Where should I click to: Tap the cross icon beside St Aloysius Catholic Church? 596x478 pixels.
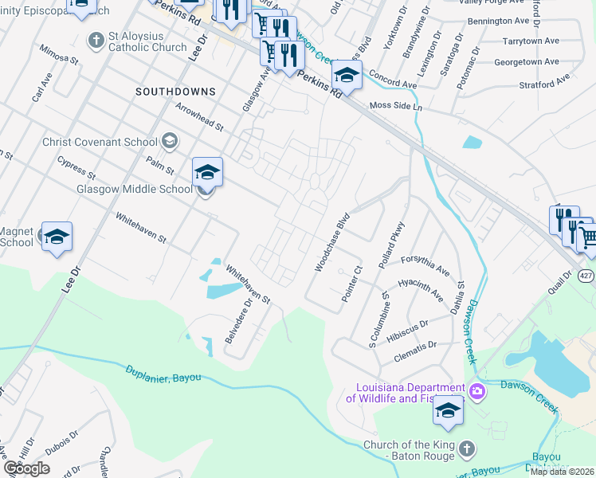[x=96, y=38]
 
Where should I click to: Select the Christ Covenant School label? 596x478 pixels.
[x=100, y=142]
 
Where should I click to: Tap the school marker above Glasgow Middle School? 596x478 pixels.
[x=206, y=171]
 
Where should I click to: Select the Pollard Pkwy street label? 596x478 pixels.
[x=394, y=245]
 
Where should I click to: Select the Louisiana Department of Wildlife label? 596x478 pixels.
[x=405, y=393]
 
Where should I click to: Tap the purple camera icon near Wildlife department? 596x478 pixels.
[x=476, y=390]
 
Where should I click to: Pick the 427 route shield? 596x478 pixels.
[x=586, y=276]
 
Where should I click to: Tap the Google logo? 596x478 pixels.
[x=26, y=468]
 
